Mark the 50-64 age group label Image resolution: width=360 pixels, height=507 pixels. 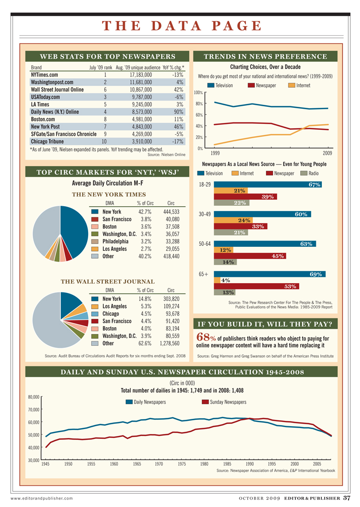click(205, 244)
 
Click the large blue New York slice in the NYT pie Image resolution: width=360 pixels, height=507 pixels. click(72, 228)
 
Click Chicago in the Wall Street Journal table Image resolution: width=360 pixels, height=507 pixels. click(112, 314)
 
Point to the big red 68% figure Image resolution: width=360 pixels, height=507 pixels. click(205, 338)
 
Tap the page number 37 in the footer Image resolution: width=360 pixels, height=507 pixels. click(346, 498)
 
